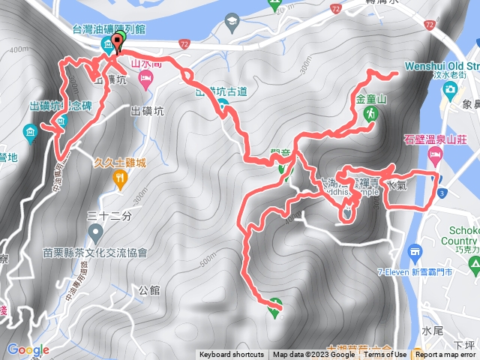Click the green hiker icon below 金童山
tap(370, 114)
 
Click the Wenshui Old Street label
tap(442, 66)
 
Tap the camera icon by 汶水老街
tap(449, 90)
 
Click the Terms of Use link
tap(385, 355)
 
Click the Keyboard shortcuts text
tap(232, 355)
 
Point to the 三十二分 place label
tap(109, 216)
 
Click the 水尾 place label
tap(433, 331)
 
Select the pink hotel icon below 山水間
tap(145, 83)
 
